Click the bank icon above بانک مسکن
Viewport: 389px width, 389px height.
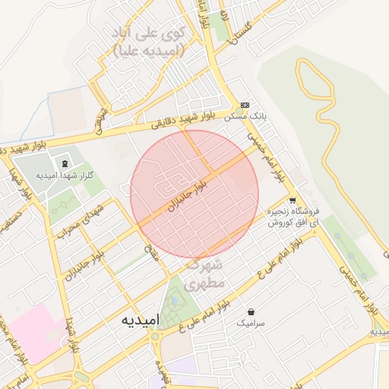(245, 105)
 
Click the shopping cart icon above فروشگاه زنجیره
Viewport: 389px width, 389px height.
(293, 201)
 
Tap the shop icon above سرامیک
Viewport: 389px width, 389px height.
(251, 312)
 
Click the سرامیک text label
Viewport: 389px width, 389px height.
(251, 323)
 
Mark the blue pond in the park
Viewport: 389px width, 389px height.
(176, 300)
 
